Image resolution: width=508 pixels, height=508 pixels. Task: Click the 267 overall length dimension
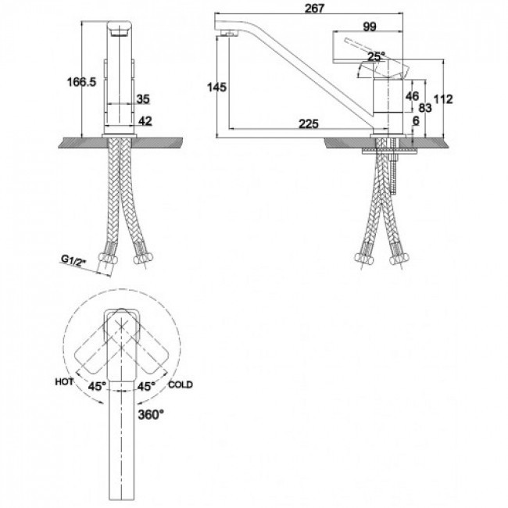click(x=314, y=8)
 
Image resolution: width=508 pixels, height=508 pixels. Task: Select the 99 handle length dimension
click(x=370, y=27)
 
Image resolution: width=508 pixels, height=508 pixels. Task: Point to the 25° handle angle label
click(x=377, y=56)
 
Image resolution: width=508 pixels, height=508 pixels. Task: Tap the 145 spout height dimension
click(x=216, y=88)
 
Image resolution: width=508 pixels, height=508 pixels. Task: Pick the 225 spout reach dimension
click(x=309, y=123)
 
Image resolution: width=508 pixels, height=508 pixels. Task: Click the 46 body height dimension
click(x=412, y=96)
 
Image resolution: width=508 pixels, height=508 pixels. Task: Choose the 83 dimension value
click(x=425, y=108)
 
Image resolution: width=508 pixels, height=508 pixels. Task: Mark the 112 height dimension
click(x=443, y=99)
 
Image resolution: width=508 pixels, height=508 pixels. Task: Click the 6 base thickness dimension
click(x=416, y=121)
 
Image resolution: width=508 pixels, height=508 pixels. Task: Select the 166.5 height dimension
click(x=81, y=82)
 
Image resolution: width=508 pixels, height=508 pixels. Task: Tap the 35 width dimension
click(x=143, y=99)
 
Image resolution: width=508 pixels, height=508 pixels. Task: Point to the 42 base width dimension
click(x=145, y=121)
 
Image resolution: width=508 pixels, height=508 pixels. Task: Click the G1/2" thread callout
click(x=73, y=260)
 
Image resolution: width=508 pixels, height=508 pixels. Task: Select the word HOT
click(x=64, y=381)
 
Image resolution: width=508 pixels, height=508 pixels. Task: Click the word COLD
click(x=181, y=385)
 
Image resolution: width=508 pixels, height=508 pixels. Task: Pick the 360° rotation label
click(x=151, y=414)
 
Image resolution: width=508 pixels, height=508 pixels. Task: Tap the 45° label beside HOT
click(x=97, y=386)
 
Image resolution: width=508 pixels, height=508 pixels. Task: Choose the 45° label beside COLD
click(x=146, y=386)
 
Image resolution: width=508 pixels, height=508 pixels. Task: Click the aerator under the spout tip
click(x=228, y=33)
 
